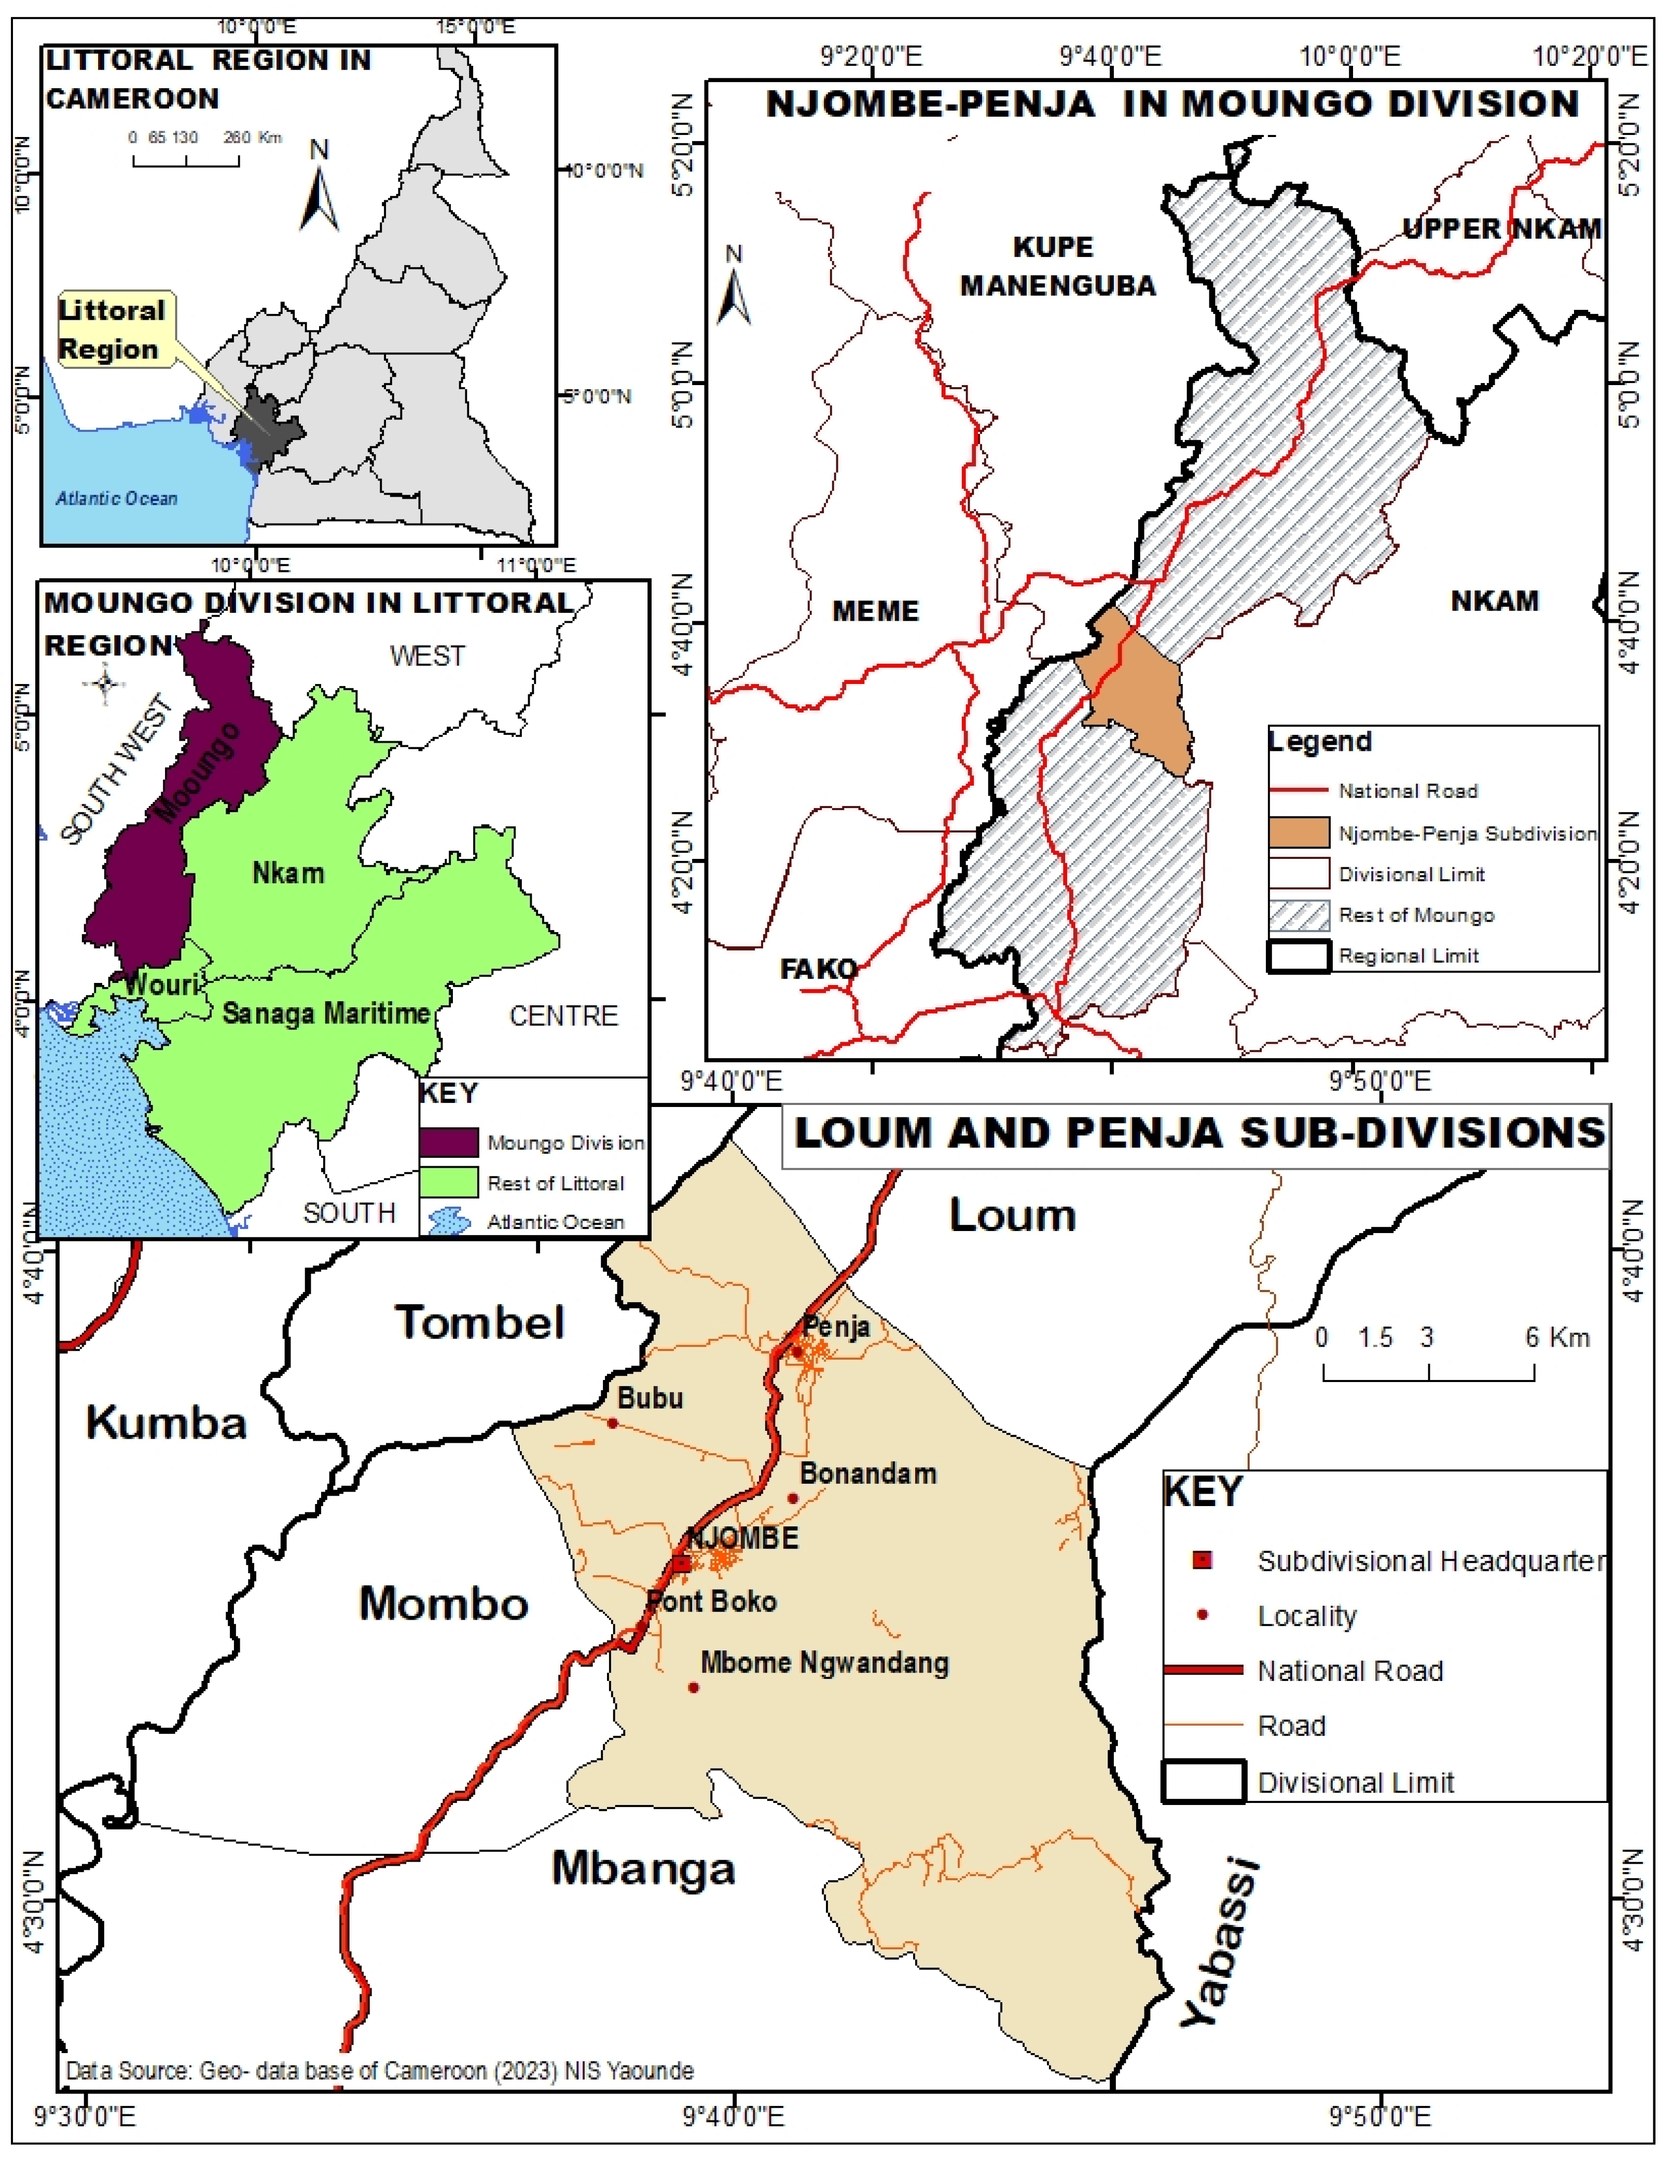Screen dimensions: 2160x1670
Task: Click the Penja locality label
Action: (836, 1327)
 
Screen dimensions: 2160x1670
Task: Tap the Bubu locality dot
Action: (612, 1423)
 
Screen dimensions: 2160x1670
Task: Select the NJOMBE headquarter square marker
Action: (681, 1564)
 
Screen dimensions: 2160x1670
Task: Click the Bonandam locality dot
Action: (792, 1498)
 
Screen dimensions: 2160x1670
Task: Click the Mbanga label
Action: (644, 1868)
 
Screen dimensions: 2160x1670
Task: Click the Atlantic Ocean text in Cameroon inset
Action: (117, 498)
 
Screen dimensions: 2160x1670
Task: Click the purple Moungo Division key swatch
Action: (449, 1142)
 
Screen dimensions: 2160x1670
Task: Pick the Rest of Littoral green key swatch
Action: (449, 1183)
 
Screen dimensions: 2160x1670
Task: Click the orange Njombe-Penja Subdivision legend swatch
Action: (1298, 833)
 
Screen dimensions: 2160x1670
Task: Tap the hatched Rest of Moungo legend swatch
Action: (1298, 915)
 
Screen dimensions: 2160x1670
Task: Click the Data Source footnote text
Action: (380, 2070)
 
